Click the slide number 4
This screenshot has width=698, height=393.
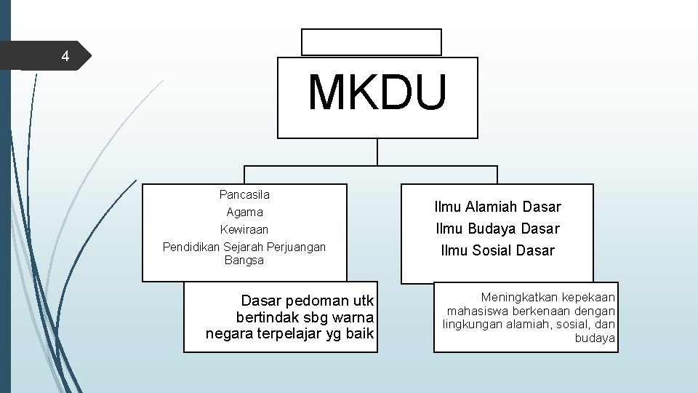[x=65, y=57]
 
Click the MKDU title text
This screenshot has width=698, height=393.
[x=377, y=93]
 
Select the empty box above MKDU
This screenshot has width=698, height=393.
[x=371, y=42]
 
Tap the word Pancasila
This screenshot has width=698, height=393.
[x=244, y=194]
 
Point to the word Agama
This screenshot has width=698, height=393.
[x=244, y=213]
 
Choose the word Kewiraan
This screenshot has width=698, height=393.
[x=244, y=230]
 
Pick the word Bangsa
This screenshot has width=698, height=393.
[x=244, y=261]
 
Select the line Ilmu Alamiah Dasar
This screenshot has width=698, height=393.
[x=498, y=207]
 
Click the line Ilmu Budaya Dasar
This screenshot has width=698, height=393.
[x=498, y=229]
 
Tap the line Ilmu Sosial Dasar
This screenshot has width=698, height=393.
[x=498, y=250]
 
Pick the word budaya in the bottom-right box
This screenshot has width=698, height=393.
[x=595, y=338]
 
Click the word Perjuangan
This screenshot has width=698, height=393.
[x=296, y=247]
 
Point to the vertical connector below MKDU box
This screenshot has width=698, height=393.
[x=377, y=152]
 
